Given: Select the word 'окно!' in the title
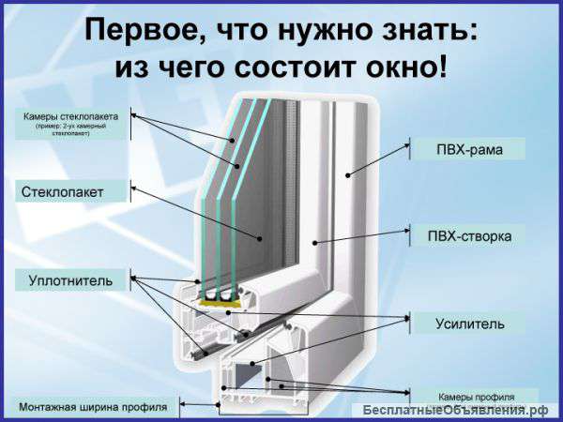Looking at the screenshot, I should click(404, 68).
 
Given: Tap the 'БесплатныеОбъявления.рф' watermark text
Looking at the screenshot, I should click(455, 411).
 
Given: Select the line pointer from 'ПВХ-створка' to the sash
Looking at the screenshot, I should click(361, 239).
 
